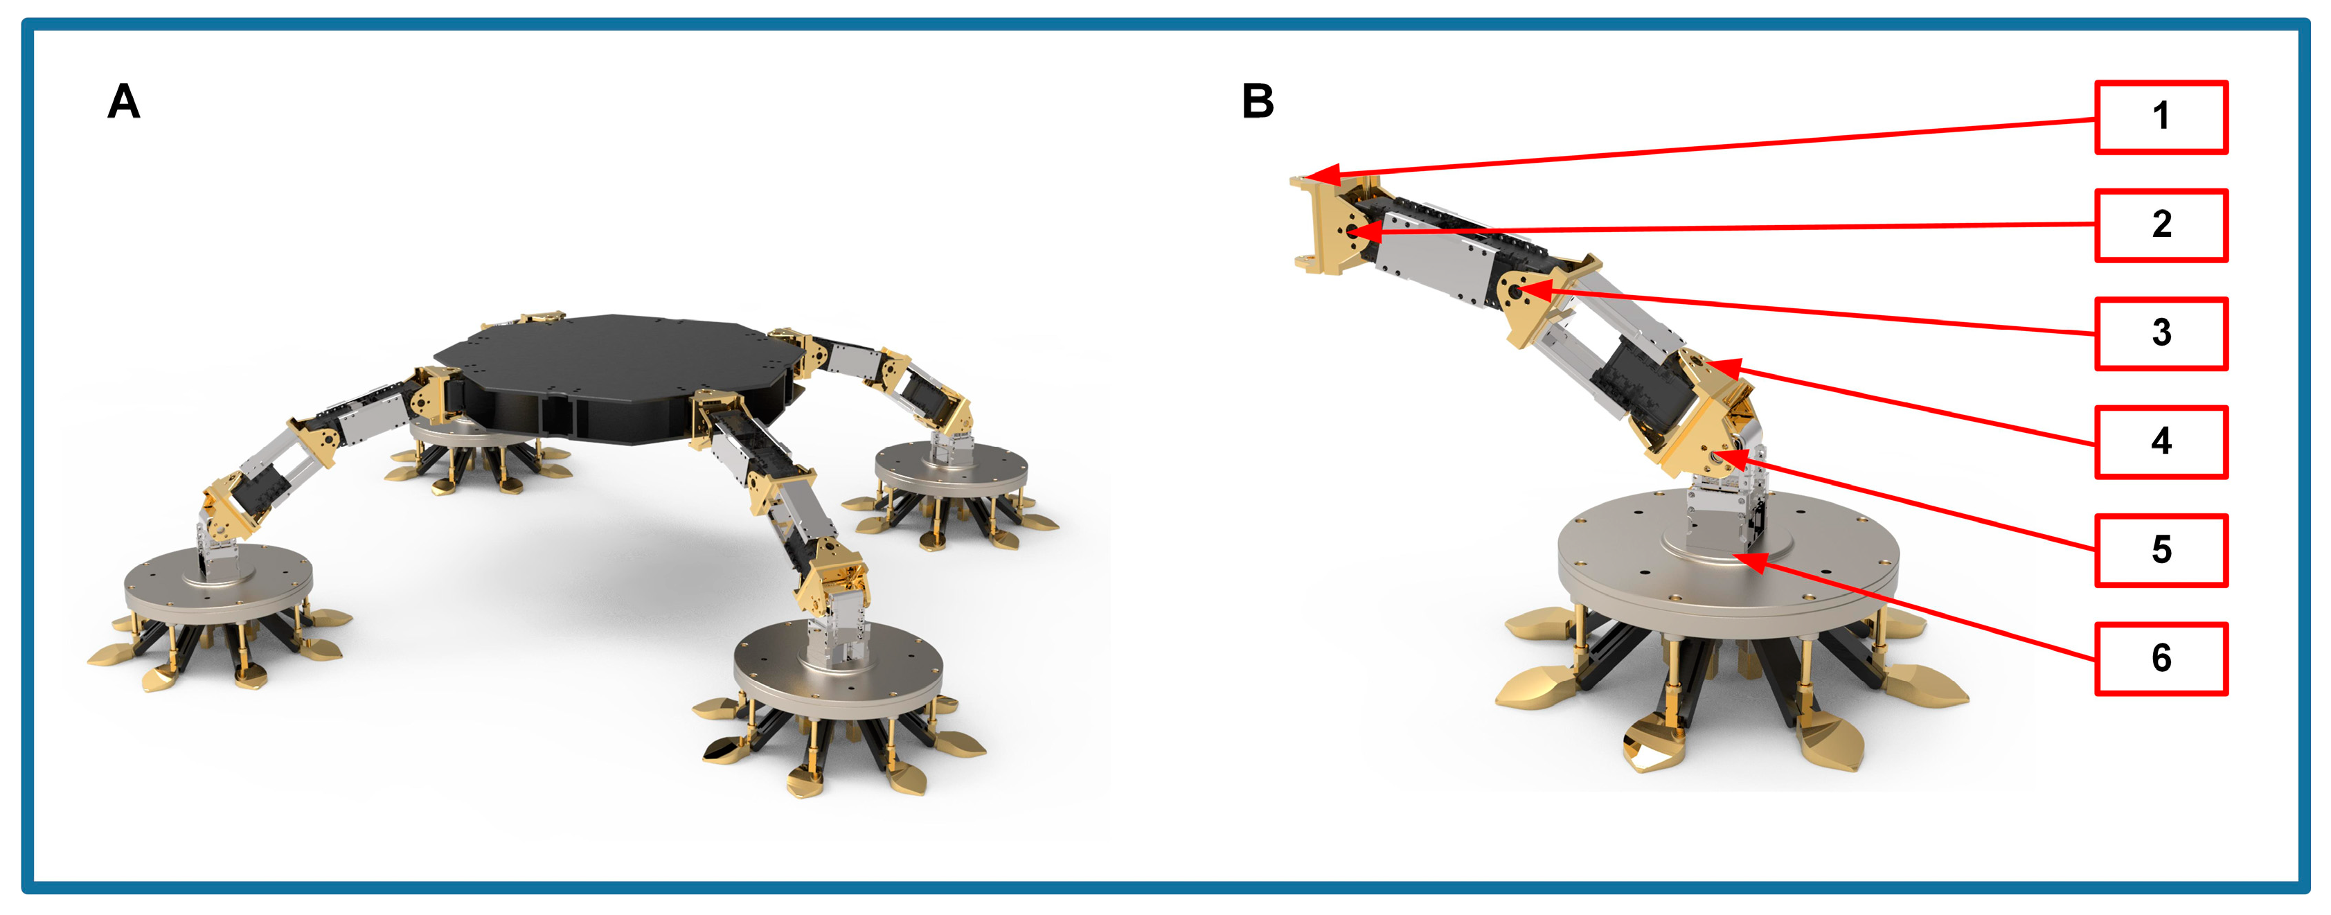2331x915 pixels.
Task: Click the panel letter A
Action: [x=124, y=100]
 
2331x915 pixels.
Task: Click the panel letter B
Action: [x=1258, y=100]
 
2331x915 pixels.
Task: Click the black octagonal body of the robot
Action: [x=616, y=375]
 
